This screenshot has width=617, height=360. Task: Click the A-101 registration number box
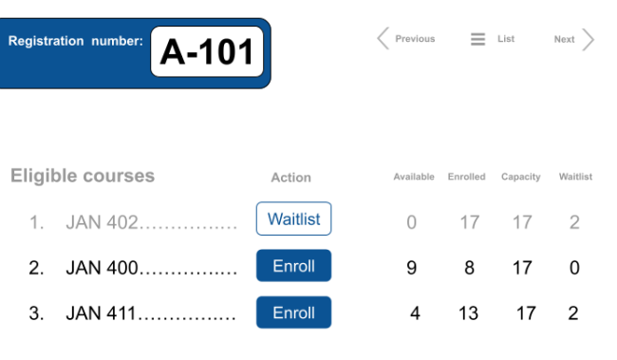click(x=207, y=51)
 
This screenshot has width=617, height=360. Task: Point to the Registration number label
click(x=76, y=41)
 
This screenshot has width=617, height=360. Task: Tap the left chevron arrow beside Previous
click(x=383, y=39)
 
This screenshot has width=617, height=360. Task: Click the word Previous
click(x=415, y=39)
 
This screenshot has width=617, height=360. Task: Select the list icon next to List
click(x=477, y=39)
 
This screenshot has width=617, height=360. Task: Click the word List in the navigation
click(x=506, y=39)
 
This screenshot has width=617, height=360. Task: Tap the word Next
click(x=565, y=39)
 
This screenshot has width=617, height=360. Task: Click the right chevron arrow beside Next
click(x=589, y=39)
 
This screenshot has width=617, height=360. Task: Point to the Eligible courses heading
click(x=83, y=176)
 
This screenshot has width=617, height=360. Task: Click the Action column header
click(x=290, y=178)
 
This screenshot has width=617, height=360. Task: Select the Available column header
click(x=414, y=177)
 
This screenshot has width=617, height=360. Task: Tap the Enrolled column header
click(x=467, y=177)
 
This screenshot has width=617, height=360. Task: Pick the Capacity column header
click(x=521, y=177)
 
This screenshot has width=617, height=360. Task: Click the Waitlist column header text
click(x=576, y=177)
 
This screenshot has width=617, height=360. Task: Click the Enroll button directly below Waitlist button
click(x=293, y=266)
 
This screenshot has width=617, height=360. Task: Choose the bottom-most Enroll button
click(x=293, y=313)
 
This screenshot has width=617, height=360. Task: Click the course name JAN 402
click(x=103, y=223)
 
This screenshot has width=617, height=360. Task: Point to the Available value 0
click(x=411, y=223)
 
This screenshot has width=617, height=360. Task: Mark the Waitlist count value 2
click(x=574, y=223)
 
